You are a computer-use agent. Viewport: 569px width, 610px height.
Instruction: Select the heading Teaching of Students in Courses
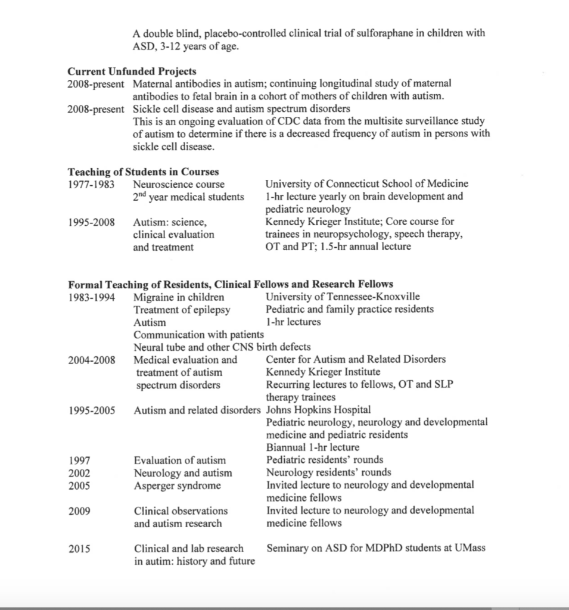pyautogui.click(x=143, y=172)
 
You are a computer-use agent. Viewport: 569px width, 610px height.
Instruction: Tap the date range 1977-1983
pyautogui.click(x=91, y=184)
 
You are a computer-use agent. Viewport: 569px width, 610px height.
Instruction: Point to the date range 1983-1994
pyautogui.click(x=92, y=297)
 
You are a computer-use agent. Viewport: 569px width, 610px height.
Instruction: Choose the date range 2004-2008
pyautogui.click(x=92, y=360)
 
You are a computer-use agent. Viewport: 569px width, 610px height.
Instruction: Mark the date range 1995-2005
pyautogui.click(x=92, y=410)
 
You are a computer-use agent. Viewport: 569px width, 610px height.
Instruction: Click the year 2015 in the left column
pyautogui.click(x=79, y=548)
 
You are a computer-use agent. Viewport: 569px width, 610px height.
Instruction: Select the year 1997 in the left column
pyautogui.click(x=79, y=460)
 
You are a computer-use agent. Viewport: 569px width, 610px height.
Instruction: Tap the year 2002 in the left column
pyautogui.click(x=79, y=473)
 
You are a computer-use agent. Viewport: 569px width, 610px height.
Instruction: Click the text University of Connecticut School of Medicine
pyautogui.click(x=366, y=183)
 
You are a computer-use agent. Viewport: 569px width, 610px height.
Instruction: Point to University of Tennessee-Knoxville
pyautogui.click(x=343, y=297)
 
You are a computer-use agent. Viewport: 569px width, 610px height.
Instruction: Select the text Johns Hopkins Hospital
pyautogui.click(x=318, y=410)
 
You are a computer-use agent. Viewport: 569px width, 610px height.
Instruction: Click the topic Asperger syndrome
pyautogui.click(x=178, y=485)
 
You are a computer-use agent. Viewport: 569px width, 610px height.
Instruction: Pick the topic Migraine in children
pyautogui.click(x=179, y=297)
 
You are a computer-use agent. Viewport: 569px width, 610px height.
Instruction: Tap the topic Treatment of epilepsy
pyautogui.click(x=182, y=309)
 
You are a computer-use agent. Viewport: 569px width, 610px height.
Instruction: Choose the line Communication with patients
pyautogui.click(x=198, y=335)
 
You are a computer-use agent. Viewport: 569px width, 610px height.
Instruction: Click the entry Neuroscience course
pyautogui.click(x=179, y=184)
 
